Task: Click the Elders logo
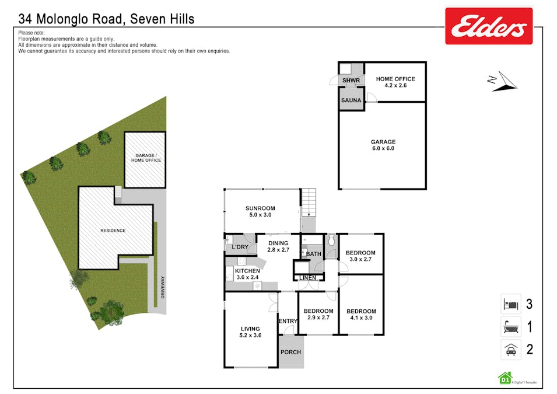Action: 489,26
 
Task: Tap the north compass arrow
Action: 502,82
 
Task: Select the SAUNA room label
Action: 351,100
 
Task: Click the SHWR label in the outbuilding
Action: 351,81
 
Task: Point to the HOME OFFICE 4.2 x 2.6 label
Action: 395,82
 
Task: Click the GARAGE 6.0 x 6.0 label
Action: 383,145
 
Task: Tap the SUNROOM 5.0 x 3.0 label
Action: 260,211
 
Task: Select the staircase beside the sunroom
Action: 309,203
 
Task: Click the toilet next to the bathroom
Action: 331,240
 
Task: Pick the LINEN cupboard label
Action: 307,277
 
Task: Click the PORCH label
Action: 290,352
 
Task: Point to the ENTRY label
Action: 288,321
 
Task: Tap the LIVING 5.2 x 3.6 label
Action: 250,332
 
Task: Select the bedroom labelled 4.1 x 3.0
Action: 361,315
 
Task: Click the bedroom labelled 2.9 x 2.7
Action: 318,315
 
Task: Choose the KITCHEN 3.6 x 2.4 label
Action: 247,274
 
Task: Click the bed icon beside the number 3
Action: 511,304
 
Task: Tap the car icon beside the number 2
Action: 511,350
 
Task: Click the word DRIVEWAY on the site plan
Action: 163,287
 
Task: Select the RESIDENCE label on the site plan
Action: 113,231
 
